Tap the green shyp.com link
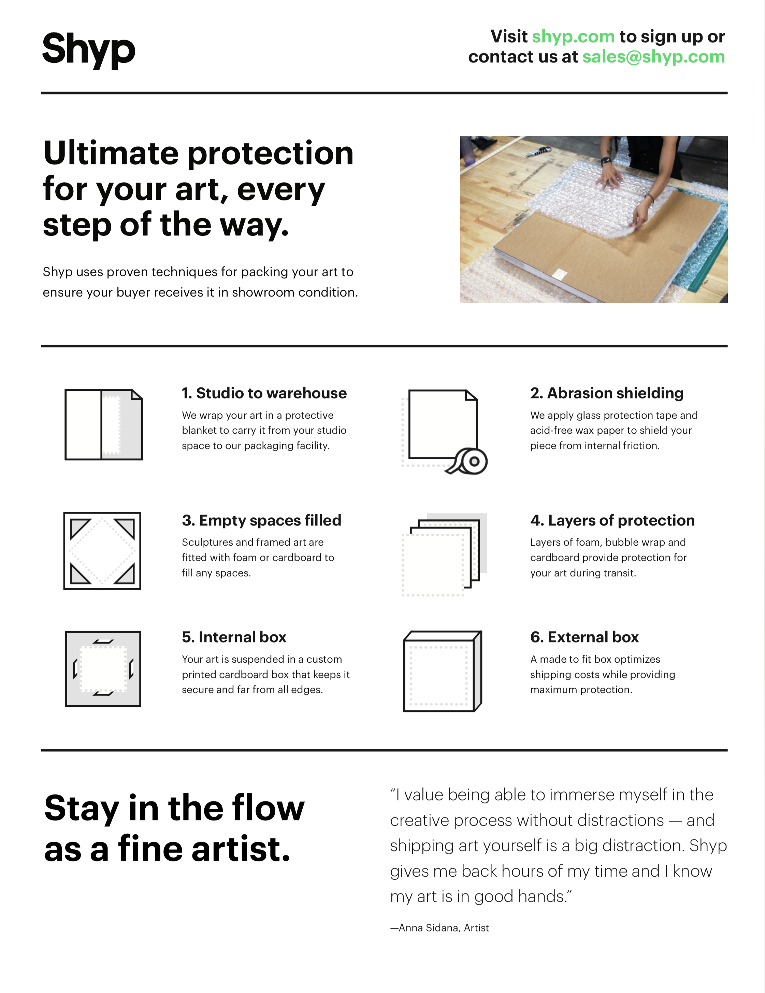click(573, 37)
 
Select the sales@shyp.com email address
click(654, 57)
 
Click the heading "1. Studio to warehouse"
click(264, 393)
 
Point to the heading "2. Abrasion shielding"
click(607, 393)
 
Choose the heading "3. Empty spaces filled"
click(261, 520)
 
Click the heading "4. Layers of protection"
click(612, 520)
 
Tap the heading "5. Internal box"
click(234, 637)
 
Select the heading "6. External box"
click(584, 637)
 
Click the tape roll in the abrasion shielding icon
click(468, 461)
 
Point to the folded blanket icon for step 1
click(104, 424)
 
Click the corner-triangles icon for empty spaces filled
click(102, 551)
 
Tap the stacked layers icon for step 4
click(444, 555)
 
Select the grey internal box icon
click(103, 668)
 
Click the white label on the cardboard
click(560, 274)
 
